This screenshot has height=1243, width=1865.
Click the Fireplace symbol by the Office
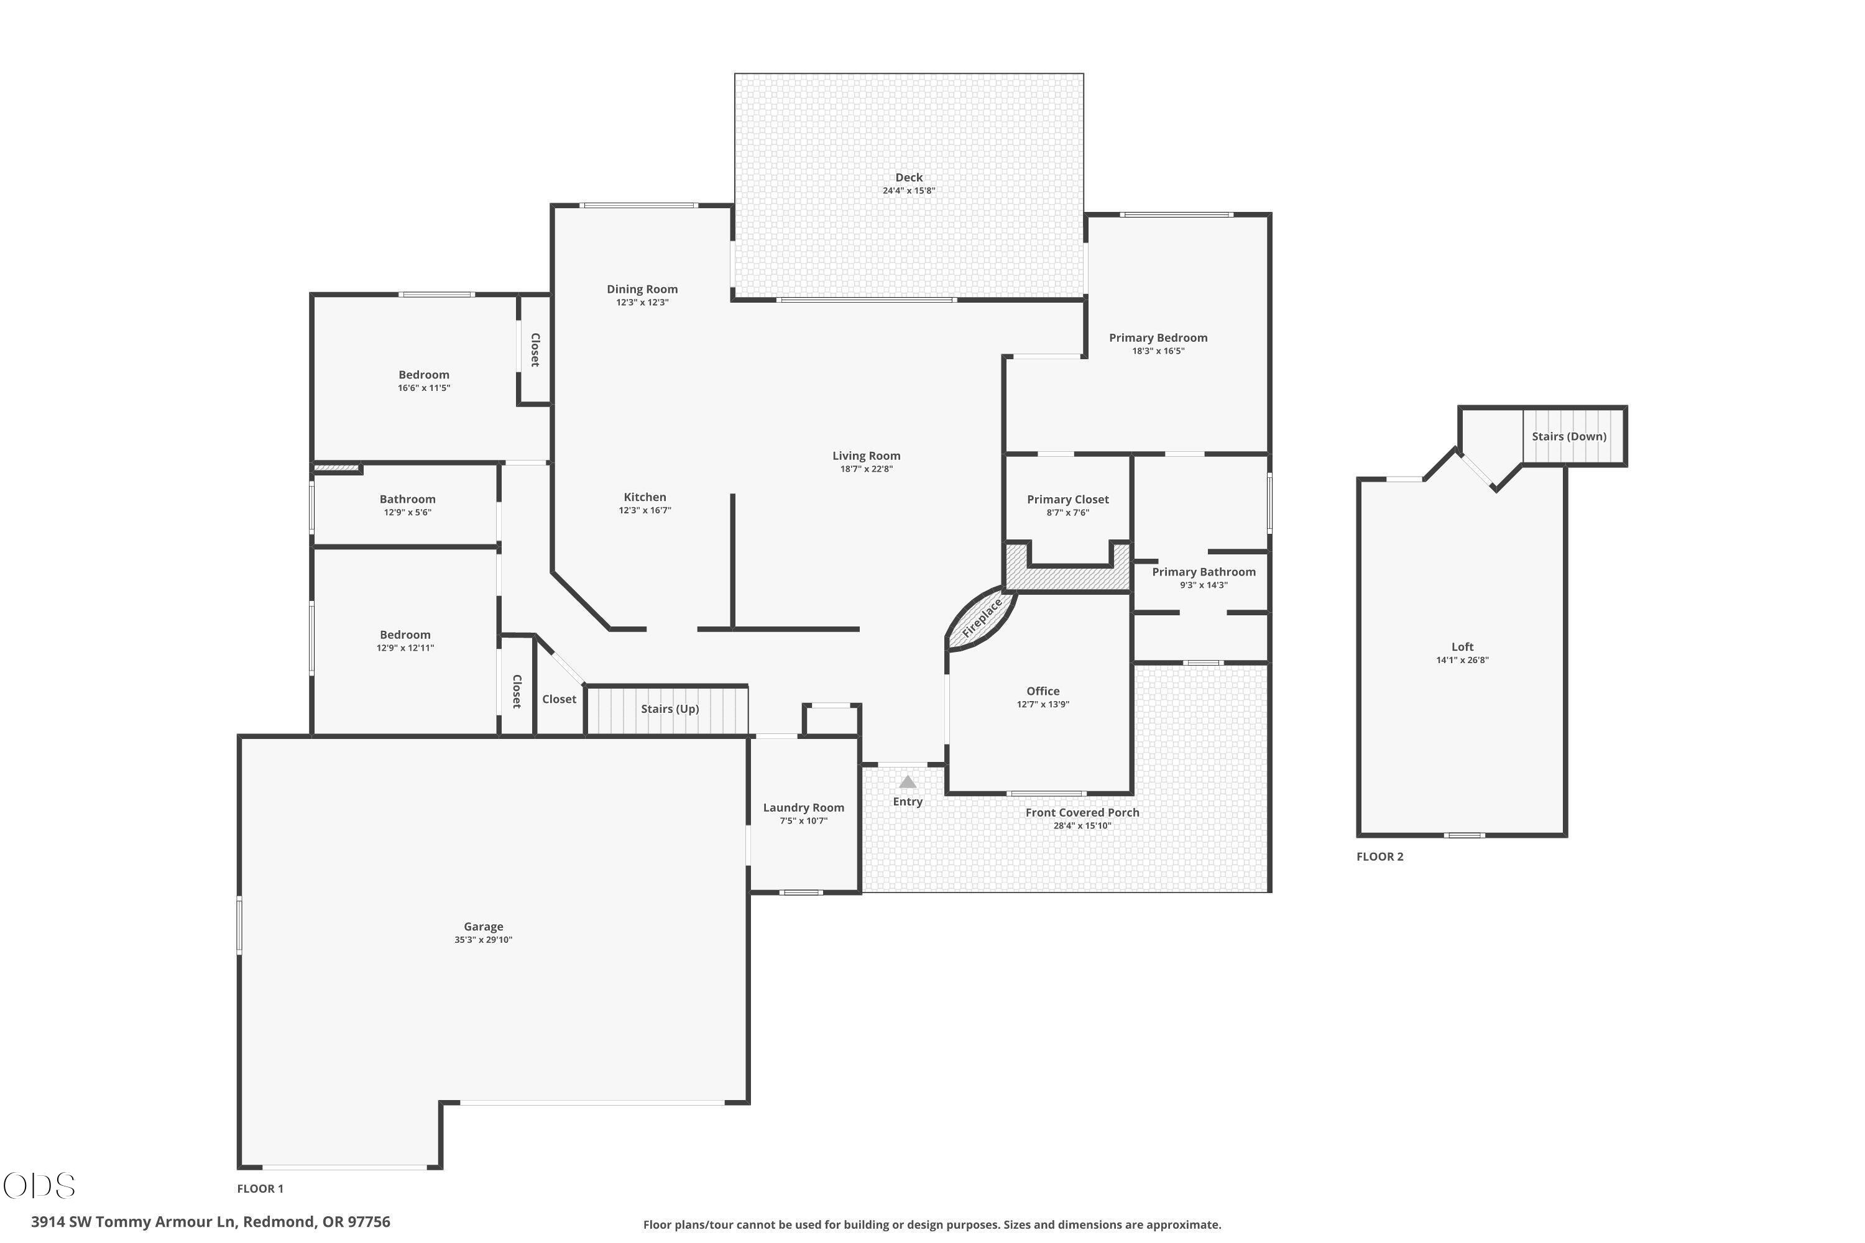click(x=981, y=618)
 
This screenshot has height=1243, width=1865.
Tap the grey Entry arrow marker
click(x=908, y=782)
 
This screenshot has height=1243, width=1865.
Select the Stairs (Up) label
click(x=670, y=709)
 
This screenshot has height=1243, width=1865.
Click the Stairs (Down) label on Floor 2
click(x=1569, y=437)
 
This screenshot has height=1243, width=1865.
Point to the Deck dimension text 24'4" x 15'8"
click(x=909, y=190)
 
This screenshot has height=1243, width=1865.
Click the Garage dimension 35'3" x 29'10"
click(x=484, y=939)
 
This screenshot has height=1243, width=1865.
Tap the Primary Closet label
click(x=1068, y=500)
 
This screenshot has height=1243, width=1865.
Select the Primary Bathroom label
click(x=1204, y=572)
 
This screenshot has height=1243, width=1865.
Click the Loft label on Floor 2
click(x=1463, y=647)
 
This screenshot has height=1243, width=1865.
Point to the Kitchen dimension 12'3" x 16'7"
click(x=645, y=510)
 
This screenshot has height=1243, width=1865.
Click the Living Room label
click(x=867, y=456)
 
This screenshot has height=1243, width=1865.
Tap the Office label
click(x=1043, y=691)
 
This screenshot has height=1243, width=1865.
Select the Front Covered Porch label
click(x=1082, y=812)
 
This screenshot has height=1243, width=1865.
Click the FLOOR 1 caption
click(x=260, y=1188)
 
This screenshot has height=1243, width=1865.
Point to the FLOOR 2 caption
click(x=1379, y=857)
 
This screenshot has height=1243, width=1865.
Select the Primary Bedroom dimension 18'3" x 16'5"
click(x=1159, y=351)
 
